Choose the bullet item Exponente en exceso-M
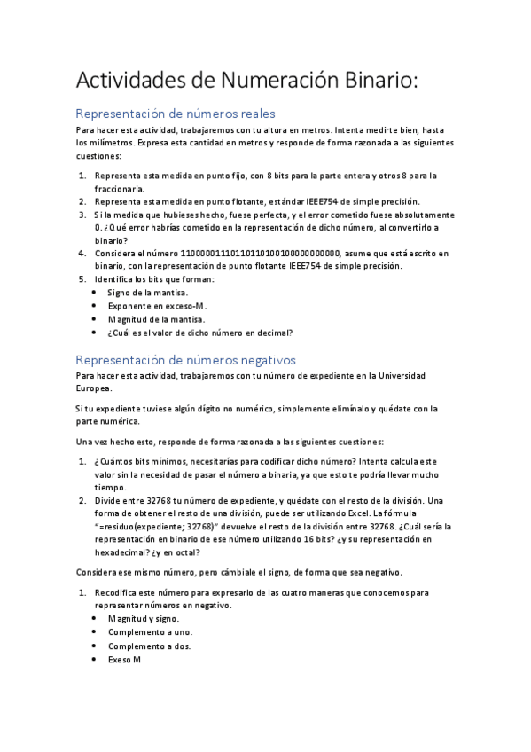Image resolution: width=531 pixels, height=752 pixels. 156,306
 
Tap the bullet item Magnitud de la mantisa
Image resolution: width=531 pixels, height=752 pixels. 155,319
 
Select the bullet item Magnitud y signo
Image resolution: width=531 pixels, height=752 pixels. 144,618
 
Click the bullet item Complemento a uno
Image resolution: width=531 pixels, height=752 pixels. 150,632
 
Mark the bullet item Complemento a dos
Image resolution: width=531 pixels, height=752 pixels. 150,646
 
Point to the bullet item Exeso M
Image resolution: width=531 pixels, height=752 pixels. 124,660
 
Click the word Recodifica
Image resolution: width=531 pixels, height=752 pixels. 119,591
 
